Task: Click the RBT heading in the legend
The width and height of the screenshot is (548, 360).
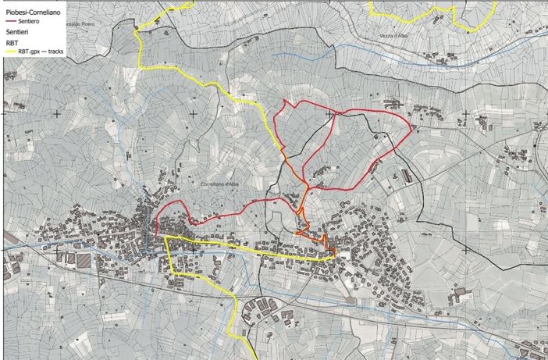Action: tap(12, 44)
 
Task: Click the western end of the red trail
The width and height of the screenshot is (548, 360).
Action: tap(157, 233)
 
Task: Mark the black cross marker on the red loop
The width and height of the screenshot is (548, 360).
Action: tap(329, 114)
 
